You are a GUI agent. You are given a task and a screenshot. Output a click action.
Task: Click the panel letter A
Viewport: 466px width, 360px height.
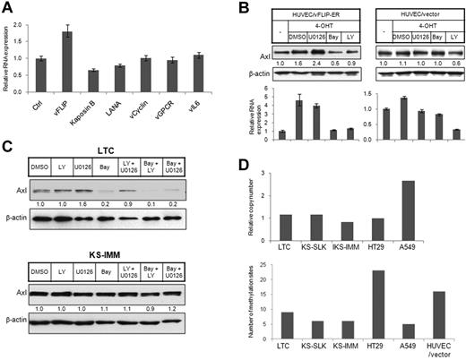[8, 8]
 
